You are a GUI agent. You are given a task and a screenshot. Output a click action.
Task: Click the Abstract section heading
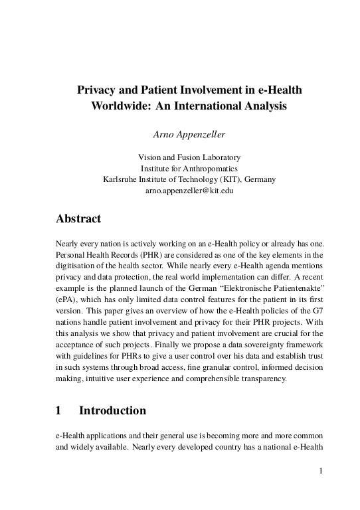coord(78,218)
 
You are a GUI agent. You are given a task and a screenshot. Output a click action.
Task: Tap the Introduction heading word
coord(112,410)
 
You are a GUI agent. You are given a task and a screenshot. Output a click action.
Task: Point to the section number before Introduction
coord(59,410)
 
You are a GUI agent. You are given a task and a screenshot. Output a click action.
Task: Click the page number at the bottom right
coord(321,471)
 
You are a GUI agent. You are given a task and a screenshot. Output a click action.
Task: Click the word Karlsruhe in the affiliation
coord(122,179)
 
